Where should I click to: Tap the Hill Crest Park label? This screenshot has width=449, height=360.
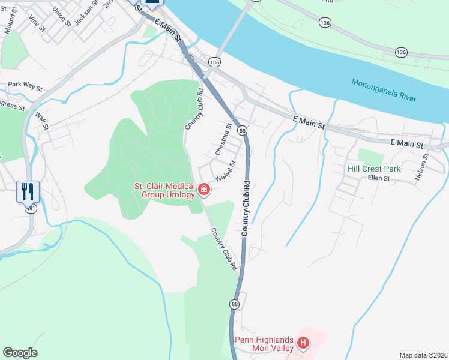(x=374, y=169)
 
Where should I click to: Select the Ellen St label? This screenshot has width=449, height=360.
(x=379, y=178)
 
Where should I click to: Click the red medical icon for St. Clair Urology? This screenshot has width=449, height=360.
(x=204, y=190)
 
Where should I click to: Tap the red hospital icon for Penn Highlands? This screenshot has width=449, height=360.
(x=303, y=344)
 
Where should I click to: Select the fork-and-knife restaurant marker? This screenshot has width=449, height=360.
(x=28, y=191)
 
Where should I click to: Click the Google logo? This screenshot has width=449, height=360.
(x=20, y=353)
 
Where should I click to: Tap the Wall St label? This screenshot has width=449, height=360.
(x=41, y=121)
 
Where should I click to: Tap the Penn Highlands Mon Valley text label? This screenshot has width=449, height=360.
(x=264, y=344)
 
